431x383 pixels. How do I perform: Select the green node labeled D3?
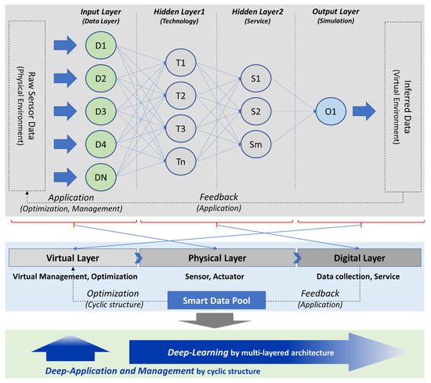100,110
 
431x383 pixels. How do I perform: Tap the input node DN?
100,178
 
